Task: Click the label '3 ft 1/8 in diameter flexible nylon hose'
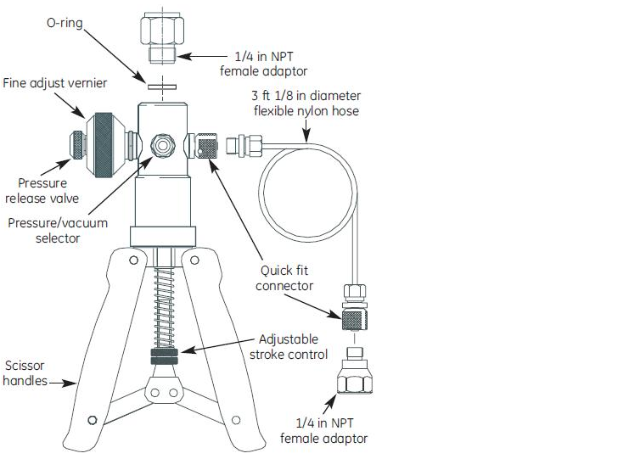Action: point(306,103)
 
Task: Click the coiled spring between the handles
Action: point(163,302)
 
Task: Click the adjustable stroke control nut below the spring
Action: point(163,355)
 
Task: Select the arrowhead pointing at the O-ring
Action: point(141,77)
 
